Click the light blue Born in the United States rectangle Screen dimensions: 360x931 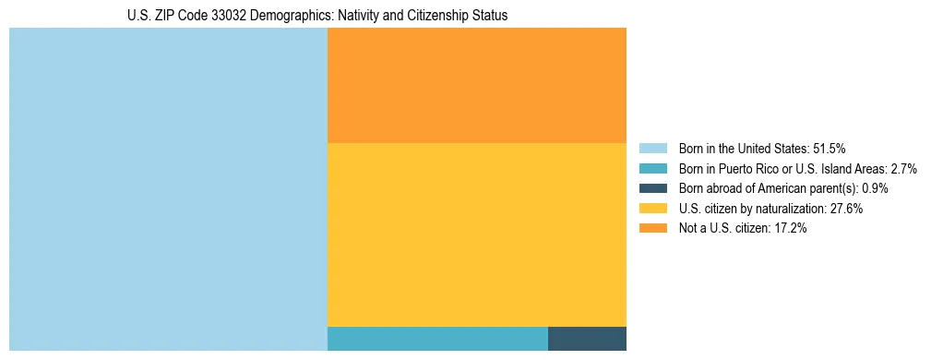pyautogui.click(x=168, y=189)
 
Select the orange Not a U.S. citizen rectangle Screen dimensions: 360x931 pyautogui.click(x=476, y=85)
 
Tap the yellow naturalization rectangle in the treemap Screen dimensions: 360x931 pyautogui.click(x=476, y=234)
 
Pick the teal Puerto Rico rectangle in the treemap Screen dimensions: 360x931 pyautogui.click(x=437, y=339)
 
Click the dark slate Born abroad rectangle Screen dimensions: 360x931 pyautogui.click(x=587, y=339)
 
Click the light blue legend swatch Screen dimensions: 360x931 pyautogui.click(x=652, y=148)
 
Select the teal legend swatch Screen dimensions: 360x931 pyautogui.click(x=652, y=168)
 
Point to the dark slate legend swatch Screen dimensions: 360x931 pyautogui.click(x=652, y=188)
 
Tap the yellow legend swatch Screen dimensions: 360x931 pyautogui.click(x=652, y=209)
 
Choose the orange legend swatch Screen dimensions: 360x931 pyautogui.click(x=652, y=229)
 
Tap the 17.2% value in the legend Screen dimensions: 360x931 pyautogui.click(x=791, y=229)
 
